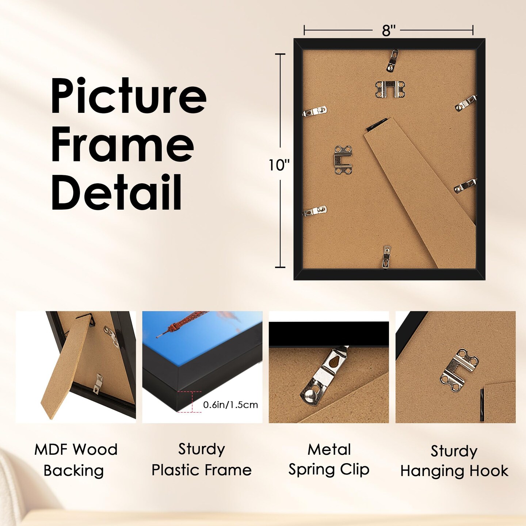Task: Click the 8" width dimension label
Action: [x=389, y=31]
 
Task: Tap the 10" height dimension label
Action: [x=279, y=165]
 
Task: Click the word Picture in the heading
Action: [x=128, y=96]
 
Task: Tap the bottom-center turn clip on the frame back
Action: [x=386, y=256]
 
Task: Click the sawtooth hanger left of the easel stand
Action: [x=343, y=160]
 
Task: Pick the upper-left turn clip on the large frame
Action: [x=315, y=111]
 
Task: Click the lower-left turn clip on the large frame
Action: [x=315, y=211]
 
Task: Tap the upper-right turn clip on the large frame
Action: [x=466, y=103]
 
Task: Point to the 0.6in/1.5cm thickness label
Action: [x=230, y=405]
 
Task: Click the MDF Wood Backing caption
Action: [x=76, y=460]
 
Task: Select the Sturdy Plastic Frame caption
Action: [x=202, y=460]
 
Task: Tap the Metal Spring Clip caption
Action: [x=329, y=460]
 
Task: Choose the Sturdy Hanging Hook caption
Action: [x=454, y=461]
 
